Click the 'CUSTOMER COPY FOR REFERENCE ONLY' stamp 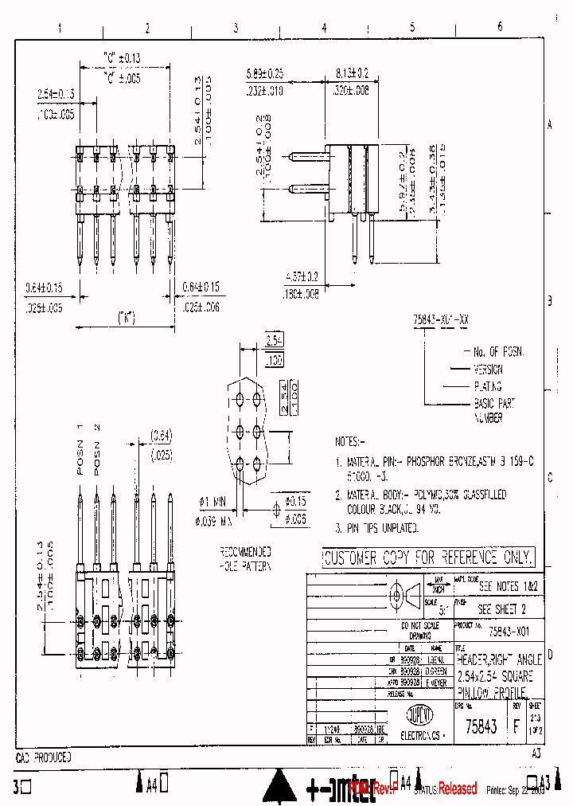click(x=428, y=558)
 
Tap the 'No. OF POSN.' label click(x=499, y=351)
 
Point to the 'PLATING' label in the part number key click(x=489, y=386)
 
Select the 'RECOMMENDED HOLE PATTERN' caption click(x=245, y=559)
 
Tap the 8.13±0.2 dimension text click(x=352, y=72)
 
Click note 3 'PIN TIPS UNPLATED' click(x=382, y=528)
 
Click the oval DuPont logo click(x=415, y=713)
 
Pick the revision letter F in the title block click(x=516, y=726)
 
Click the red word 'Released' click(x=458, y=788)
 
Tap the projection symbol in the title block click(x=405, y=595)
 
